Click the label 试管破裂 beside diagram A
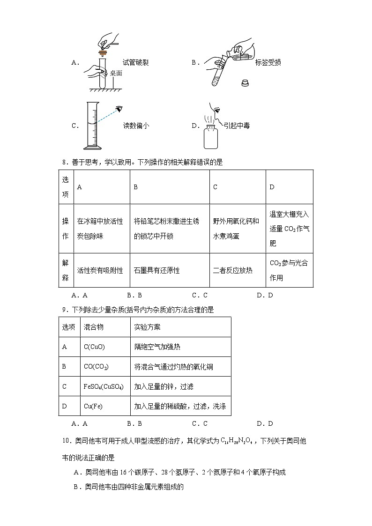point(135,62)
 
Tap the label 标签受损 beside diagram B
point(268,62)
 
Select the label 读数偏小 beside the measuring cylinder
point(136,126)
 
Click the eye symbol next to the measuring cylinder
point(120,109)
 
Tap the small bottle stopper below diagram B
point(244,83)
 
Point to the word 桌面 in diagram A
point(116,73)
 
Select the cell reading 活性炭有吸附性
point(100,270)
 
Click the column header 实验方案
point(147,327)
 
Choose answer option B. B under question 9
point(134,423)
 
